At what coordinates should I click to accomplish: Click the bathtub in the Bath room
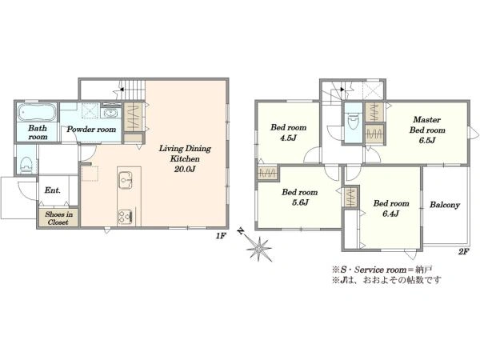point(37,112)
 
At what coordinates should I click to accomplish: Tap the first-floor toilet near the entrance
point(26,165)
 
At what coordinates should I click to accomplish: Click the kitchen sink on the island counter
point(126,181)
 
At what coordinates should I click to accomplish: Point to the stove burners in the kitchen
point(126,217)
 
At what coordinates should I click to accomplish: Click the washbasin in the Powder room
point(110,113)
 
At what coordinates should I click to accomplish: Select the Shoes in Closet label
point(58,218)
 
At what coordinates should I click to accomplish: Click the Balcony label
point(445,205)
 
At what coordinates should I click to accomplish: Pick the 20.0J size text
point(185,169)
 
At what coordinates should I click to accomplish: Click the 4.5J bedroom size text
point(288,138)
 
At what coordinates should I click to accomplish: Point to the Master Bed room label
point(427,125)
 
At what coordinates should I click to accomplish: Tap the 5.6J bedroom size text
point(300,202)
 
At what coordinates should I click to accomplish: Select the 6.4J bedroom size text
point(391,214)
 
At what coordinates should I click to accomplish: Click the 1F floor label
point(221,235)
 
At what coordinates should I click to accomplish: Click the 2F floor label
point(463,252)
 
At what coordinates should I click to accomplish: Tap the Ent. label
point(53,190)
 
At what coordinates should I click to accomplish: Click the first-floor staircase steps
point(134,90)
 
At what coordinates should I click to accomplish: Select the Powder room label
point(91,129)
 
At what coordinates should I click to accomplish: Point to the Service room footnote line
point(382,270)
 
